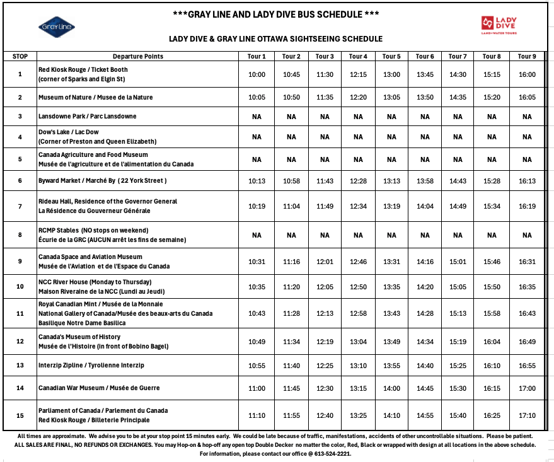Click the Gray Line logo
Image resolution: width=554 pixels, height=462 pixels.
[57, 26]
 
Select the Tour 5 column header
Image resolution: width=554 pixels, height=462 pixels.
[391, 56]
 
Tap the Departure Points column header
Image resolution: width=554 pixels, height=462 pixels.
[138, 56]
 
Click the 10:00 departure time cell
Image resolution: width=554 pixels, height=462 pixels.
[257, 74]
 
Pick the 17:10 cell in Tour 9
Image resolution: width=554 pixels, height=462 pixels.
[527, 415]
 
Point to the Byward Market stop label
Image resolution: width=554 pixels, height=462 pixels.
[102, 181]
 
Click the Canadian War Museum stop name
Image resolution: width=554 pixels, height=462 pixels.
[99, 388]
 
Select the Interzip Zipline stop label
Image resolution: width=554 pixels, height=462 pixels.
[91, 366]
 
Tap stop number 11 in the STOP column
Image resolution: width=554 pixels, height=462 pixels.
[20, 313]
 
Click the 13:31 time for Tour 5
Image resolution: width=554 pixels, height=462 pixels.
[391, 262]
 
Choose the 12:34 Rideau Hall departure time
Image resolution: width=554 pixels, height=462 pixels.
[358, 206]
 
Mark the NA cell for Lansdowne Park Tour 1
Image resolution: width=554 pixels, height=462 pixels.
[257, 117]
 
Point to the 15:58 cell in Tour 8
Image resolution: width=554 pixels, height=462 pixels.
[492, 313]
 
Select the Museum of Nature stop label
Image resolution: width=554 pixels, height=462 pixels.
[95, 97]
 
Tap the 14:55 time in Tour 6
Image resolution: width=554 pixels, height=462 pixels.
[425, 415]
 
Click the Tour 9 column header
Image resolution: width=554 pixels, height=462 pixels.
[527, 56]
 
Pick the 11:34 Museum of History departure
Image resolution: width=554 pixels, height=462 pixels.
[291, 342]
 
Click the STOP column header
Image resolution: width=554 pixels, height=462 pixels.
[20, 56]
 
